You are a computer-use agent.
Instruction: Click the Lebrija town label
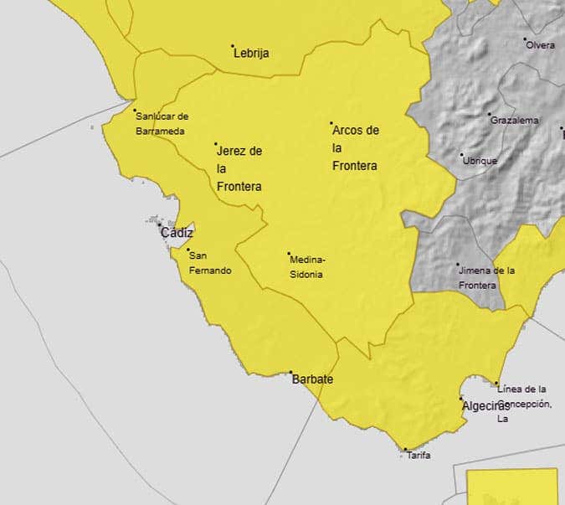tap(252, 54)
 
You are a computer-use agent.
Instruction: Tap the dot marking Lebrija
tap(233, 45)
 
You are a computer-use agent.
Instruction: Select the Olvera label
tap(540, 45)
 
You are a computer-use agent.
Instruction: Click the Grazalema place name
tap(515, 121)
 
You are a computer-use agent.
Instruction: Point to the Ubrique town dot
tap(461, 154)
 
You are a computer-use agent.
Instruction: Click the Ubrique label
tap(480, 161)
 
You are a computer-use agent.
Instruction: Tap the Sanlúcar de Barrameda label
tap(161, 124)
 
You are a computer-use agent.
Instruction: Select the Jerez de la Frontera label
tap(239, 168)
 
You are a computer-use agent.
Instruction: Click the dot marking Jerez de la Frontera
tap(216, 144)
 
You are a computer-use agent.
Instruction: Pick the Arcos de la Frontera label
tap(355, 148)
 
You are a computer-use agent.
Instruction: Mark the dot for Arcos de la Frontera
tap(331, 124)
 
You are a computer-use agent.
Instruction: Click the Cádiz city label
tap(177, 233)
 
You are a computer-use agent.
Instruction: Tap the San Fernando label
tap(210, 263)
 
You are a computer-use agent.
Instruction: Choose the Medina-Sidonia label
tap(308, 266)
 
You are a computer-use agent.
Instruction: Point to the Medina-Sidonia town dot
tap(290, 254)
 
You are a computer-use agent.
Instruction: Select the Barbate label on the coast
tap(312, 379)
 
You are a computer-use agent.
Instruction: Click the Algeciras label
tap(485, 405)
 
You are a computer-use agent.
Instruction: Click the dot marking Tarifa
tap(405, 450)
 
